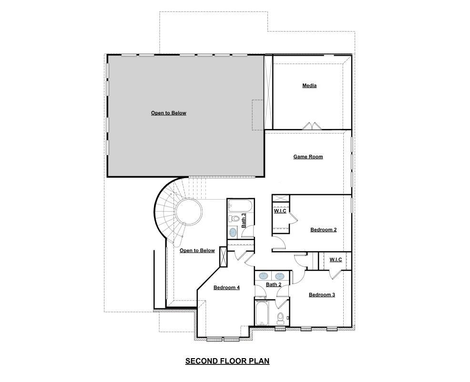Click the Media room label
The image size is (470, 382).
(309, 86)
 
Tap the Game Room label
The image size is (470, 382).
(308, 157)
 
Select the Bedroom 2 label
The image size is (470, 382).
(323, 230)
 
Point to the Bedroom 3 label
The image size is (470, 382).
(322, 295)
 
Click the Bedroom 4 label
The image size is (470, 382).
(226, 287)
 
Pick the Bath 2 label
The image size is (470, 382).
(274, 285)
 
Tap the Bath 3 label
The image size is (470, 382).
(244, 220)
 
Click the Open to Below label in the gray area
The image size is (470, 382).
(168, 113)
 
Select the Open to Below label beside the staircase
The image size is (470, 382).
(197, 250)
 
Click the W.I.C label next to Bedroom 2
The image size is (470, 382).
(280, 211)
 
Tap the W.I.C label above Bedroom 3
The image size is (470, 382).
(336, 260)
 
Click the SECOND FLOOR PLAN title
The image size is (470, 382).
(227, 361)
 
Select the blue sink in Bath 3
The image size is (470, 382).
(233, 232)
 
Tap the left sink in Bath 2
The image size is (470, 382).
(263, 276)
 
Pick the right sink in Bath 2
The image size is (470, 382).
(280, 276)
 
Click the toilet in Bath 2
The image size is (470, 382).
(281, 317)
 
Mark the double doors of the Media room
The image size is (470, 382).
(312, 126)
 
